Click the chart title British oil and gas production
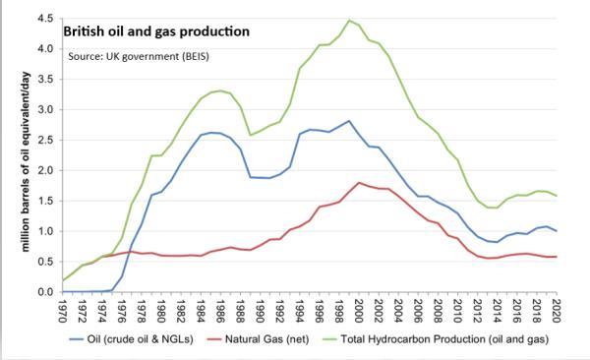(156, 30)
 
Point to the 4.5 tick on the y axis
(44, 19)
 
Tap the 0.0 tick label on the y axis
(44, 292)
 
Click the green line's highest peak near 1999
(349, 20)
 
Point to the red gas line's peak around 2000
(359, 182)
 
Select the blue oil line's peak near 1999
(349, 121)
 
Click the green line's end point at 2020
(556, 196)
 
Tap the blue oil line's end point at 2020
(556, 231)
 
